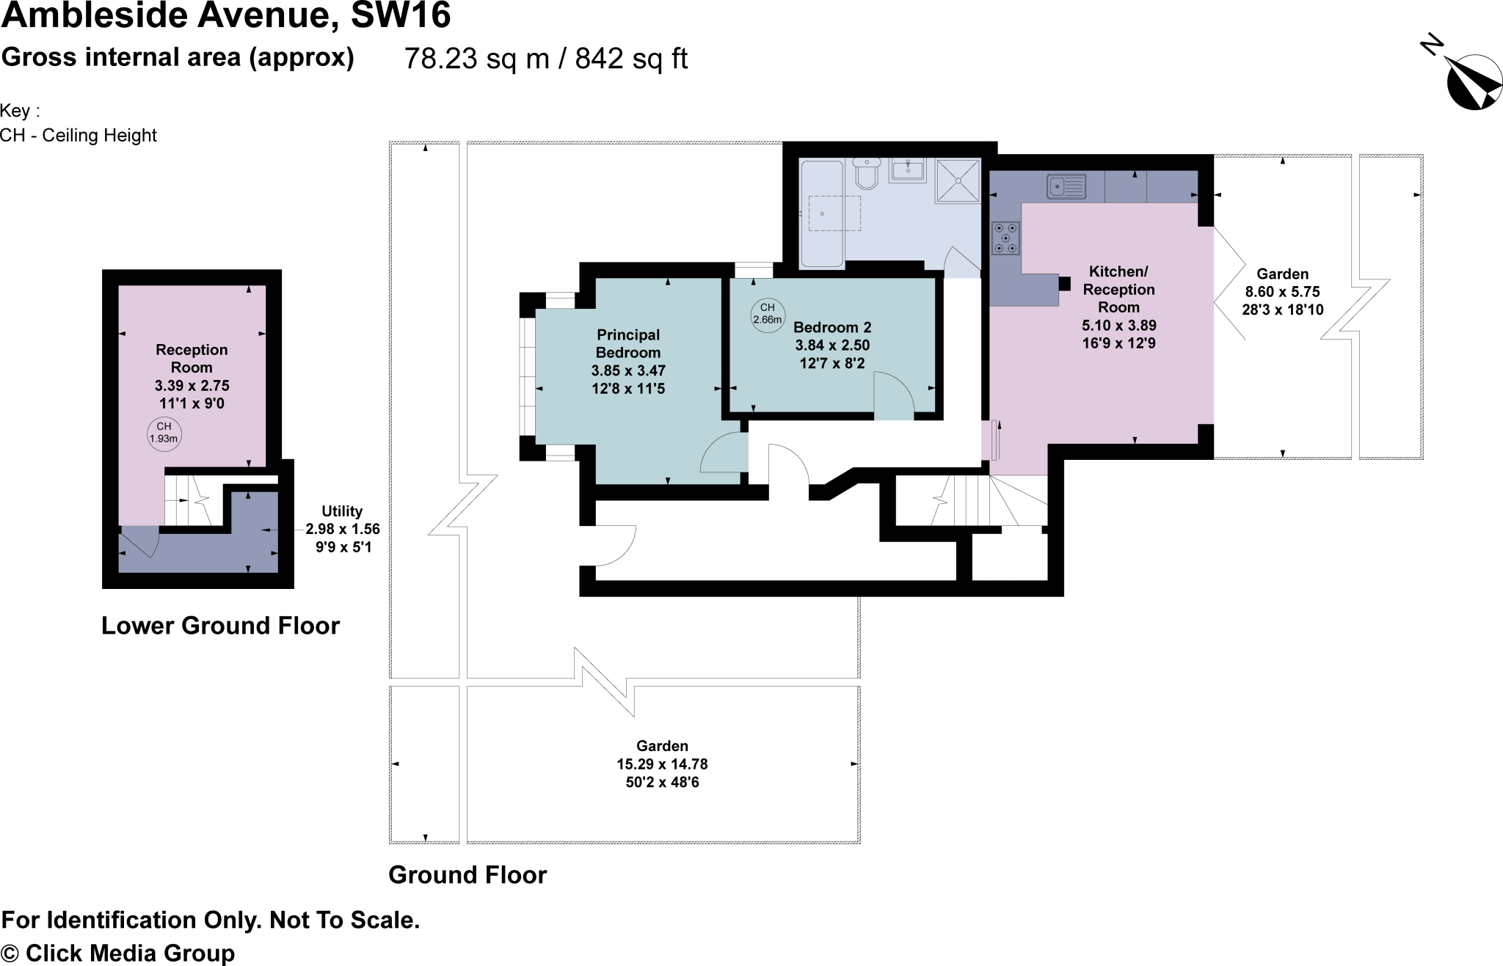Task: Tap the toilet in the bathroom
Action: coord(867,174)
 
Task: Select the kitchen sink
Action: coord(1066,186)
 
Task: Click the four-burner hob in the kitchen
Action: coord(1005,238)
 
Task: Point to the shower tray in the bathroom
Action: coord(958,181)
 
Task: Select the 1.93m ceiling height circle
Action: coord(164,433)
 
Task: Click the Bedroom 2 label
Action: coord(832,327)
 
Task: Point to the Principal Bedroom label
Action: coord(628,343)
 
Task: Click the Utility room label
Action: coord(342,511)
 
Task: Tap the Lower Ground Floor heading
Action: coord(220,626)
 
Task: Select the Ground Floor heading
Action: coord(467,874)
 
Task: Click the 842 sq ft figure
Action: coord(631,59)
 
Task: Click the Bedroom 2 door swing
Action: coord(894,396)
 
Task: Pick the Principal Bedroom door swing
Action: coord(724,452)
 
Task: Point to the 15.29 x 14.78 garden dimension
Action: coord(662,764)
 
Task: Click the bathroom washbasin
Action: coord(908,170)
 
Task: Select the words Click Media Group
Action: coord(131,953)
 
